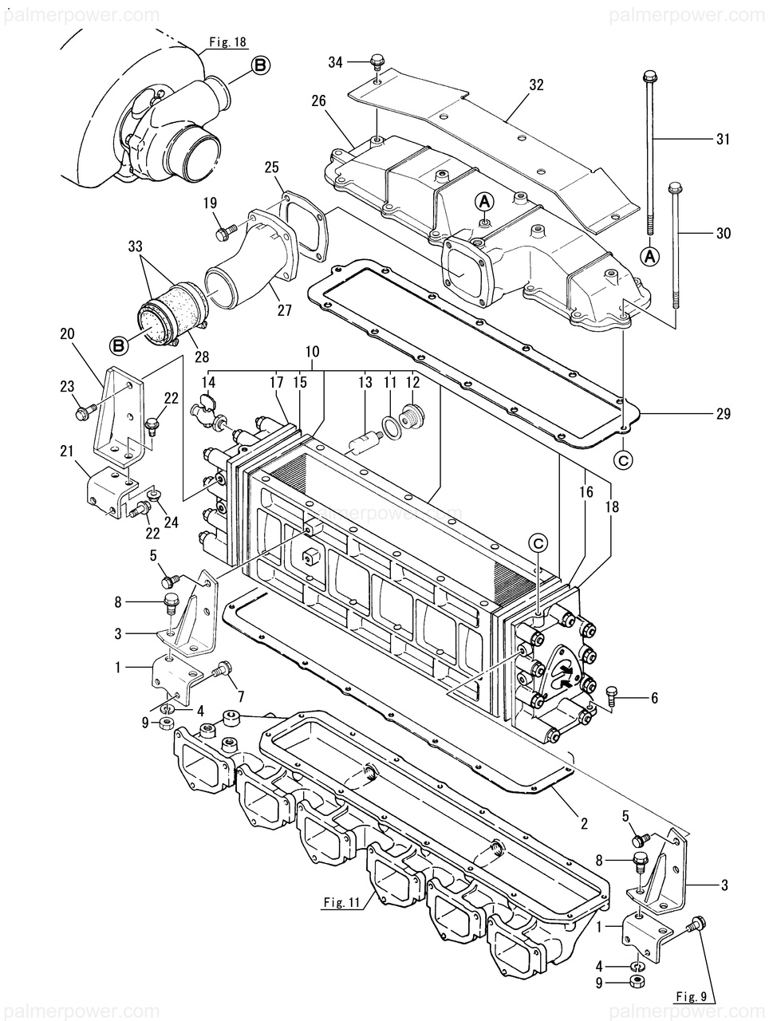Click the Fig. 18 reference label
pos(227,41)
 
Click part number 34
pos(335,62)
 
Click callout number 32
pos(536,85)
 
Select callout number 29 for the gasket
pos(724,413)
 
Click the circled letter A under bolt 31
pos(650,255)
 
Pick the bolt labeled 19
pos(224,232)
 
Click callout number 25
pos(272,167)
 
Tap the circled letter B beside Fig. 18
pos(261,65)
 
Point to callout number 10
pos(313,352)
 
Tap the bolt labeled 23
pos(85,411)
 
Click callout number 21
pos(68,451)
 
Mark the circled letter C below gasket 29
pos(623,460)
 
